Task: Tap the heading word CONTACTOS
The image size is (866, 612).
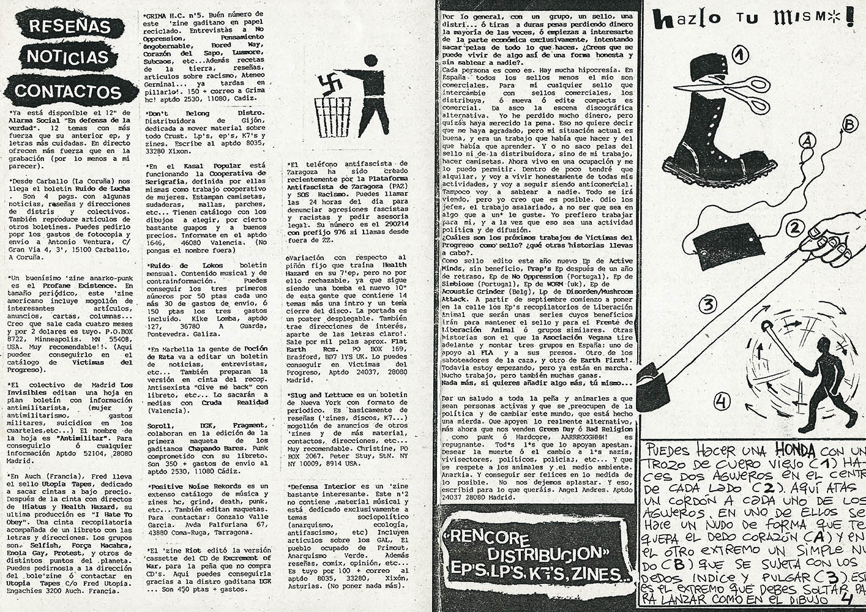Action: click(x=68, y=91)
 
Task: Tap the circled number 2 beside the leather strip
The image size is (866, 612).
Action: click(x=794, y=229)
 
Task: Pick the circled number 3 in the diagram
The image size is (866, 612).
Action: click(x=708, y=304)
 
